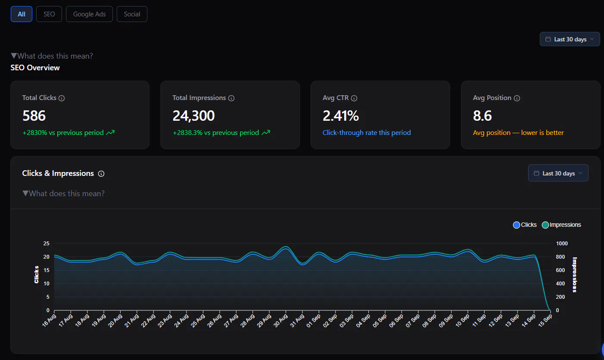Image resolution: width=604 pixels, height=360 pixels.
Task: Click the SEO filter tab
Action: pos(49,14)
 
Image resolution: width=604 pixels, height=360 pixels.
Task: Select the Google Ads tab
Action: pos(89,14)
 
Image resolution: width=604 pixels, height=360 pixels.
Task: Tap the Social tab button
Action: pos(132,14)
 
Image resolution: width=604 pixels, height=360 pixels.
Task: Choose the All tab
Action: pos(21,14)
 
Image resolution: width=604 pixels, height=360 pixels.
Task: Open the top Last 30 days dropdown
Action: pos(570,39)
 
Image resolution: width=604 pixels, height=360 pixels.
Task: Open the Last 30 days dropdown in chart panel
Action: pos(558,173)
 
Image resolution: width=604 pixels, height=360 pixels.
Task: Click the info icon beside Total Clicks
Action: pos(62,98)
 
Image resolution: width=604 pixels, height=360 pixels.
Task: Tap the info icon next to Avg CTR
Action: pos(354,98)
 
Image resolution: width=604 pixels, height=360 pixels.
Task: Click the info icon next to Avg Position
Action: pos(517,98)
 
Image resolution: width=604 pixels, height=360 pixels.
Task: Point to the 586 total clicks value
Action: pos(34,116)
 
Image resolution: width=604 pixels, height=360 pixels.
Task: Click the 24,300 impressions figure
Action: pos(193,116)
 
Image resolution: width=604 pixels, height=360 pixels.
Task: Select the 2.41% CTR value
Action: pos(341,116)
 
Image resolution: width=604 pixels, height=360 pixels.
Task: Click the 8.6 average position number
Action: pos(483,116)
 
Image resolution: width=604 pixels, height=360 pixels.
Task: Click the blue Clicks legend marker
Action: pos(517,225)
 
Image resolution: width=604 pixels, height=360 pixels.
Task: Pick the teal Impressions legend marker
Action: pos(545,225)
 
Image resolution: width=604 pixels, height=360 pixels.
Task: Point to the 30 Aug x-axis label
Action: pos(280,321)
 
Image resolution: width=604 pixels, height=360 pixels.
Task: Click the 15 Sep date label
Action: pos(545,321)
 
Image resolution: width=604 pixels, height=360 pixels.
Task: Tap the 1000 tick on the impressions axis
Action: pos(562,244)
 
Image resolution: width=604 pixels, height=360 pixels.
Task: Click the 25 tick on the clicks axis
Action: pos(47,244)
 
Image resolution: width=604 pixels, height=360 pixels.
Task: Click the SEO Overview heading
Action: pos(35,68)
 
